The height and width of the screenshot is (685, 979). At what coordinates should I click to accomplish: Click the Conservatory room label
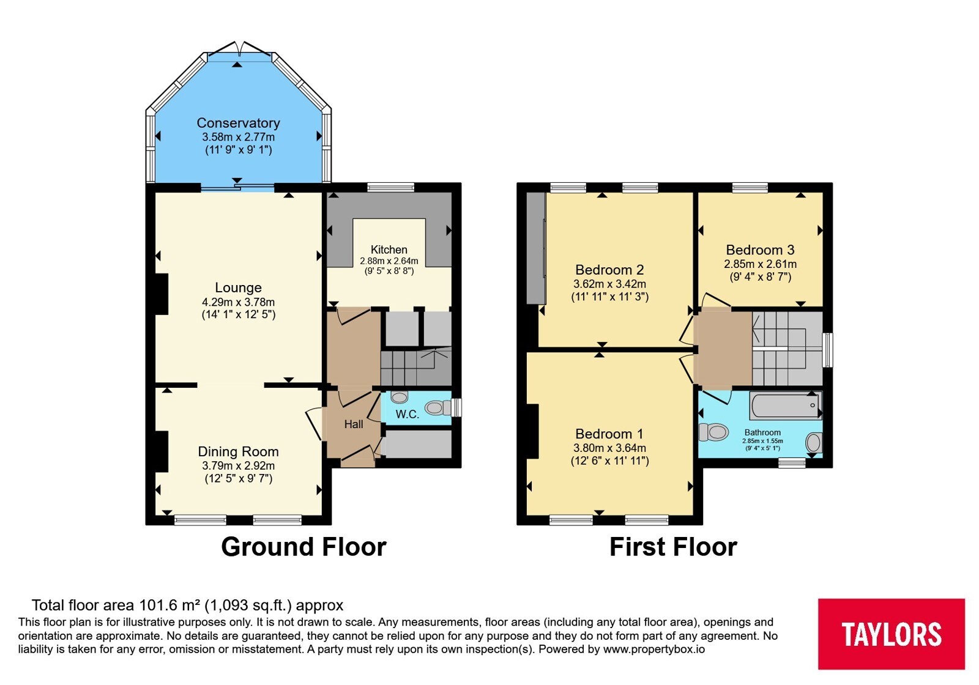[x=238, y=123]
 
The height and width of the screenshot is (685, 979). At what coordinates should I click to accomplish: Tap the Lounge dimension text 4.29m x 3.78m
[x=238, y=302]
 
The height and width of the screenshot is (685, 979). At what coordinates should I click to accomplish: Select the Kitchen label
[x=389, y=250]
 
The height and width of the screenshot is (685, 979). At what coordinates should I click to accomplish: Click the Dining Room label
[x=238, y=452]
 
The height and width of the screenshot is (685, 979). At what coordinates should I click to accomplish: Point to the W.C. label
[x=408, y=415]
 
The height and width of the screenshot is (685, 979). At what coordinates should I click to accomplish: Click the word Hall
[x=354, y=424]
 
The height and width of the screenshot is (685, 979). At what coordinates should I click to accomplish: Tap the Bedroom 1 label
[x=609, y=434]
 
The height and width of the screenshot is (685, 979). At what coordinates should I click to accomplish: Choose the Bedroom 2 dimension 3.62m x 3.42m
[x=609, y=284]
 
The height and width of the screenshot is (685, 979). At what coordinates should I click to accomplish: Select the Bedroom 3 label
[x=760, y=250]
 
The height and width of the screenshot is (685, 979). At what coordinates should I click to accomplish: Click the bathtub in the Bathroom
[x=786, y=405]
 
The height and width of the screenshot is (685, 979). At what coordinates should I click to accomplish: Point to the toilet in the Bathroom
[x=713, y=432]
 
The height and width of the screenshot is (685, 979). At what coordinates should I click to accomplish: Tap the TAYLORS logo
[x=891, y=634]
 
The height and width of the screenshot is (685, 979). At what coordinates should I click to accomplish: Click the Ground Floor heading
[x=303, y=547]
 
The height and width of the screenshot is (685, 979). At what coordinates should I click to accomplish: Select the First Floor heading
[x=674, y=547]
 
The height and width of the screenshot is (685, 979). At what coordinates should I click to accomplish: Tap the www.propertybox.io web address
[x=654, y=649]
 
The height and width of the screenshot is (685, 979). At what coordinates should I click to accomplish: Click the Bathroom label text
[x=762, y=432]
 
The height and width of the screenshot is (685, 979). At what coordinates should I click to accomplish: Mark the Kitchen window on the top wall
[x=391, y=187]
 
